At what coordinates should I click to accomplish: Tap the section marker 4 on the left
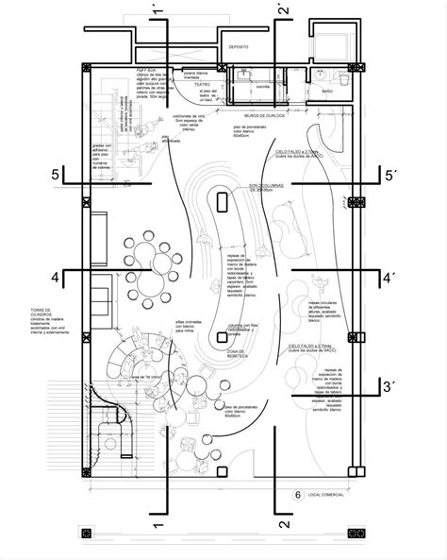coord(58,278)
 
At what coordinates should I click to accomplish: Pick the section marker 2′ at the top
coord(282,12)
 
